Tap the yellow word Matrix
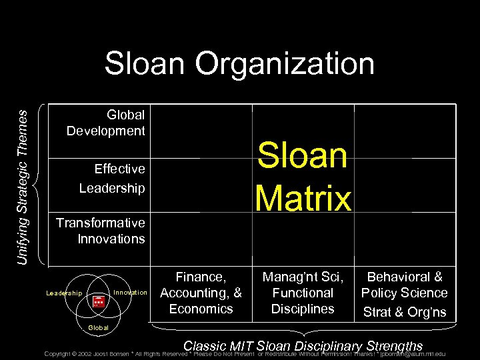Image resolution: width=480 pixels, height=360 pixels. tap(304, 198)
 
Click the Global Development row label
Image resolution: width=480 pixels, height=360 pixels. tap(106, 123)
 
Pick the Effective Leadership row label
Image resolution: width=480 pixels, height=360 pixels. tap(112, 179)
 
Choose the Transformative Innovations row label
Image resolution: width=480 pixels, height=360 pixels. tap(101, 231)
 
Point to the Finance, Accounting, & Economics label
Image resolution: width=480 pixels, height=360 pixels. tap(201, 293)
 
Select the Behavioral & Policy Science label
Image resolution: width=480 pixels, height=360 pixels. tap(405, 285)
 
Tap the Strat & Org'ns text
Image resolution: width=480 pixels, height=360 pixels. tap(405, 312)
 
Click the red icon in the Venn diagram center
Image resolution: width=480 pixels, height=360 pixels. tap(99, 301)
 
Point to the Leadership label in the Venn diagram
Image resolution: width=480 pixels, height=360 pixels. tap(64, 293)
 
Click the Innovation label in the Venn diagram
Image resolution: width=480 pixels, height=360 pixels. tap(131, 293)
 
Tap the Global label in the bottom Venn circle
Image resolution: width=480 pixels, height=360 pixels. tap(99, 327)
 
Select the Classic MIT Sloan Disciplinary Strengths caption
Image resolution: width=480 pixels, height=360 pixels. tap(303, 345)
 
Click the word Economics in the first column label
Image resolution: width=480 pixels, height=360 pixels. tap(201, 309)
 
